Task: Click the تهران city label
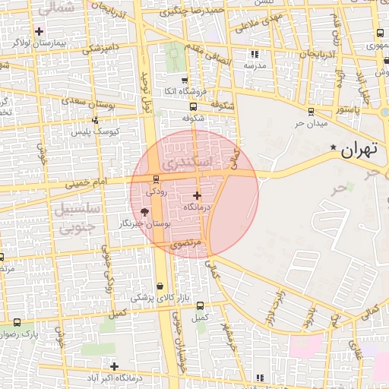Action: click(359, 150)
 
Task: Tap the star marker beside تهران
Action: click(334, 147)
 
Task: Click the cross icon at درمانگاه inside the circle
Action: click(197, 195)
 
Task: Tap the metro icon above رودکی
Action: click(156, 180)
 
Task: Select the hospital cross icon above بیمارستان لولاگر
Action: click(39, 31)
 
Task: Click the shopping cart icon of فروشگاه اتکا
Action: click(185, 80)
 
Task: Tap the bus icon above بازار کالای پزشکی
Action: click(159, 286)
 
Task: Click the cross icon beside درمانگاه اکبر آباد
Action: click(114, 366)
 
